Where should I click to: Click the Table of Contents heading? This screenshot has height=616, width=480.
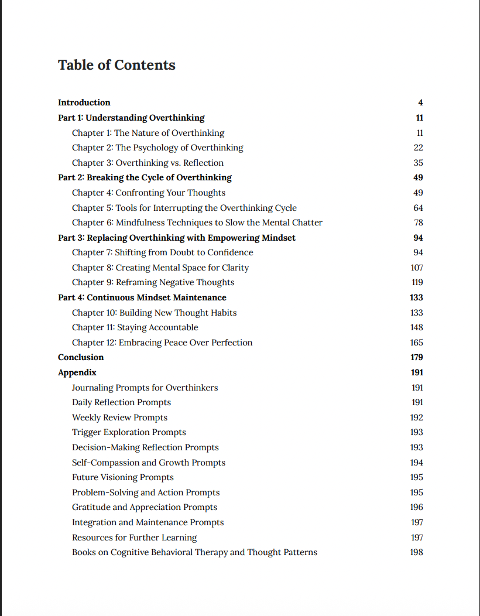tap(116, 65)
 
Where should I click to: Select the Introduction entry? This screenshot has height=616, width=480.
tap(84, 102)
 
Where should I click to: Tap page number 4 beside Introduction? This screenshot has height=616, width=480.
tap(420, 102)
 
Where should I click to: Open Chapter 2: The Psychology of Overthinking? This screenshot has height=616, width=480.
tap(157, 148)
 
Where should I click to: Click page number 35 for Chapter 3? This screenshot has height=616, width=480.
tap(418, 163)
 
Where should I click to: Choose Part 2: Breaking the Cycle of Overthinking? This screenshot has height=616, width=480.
tap(145, 177)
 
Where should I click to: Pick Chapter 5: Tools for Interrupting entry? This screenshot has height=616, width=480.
tap(184, 208)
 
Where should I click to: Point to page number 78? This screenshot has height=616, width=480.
tap(418, 223)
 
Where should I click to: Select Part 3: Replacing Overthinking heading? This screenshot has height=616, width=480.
tap(177, 238)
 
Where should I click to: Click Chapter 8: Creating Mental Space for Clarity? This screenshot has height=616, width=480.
tap(160, 268)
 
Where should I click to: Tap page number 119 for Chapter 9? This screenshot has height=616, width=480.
tap(417, 282)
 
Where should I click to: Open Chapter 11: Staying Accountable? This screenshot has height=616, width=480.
tap(135, 327)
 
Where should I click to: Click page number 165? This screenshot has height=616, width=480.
tap(417, 343)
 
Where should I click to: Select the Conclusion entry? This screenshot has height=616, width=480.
tap(81, 357)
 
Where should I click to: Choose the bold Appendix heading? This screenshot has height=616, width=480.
tap(77, 372)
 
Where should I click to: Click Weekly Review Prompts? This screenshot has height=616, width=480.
tap(119, 417)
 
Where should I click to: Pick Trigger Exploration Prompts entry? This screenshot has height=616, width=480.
tap(129, 432)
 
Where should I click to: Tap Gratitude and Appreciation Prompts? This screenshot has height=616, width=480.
tap(145, 507)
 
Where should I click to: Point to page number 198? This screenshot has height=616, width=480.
tap(417, 552)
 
